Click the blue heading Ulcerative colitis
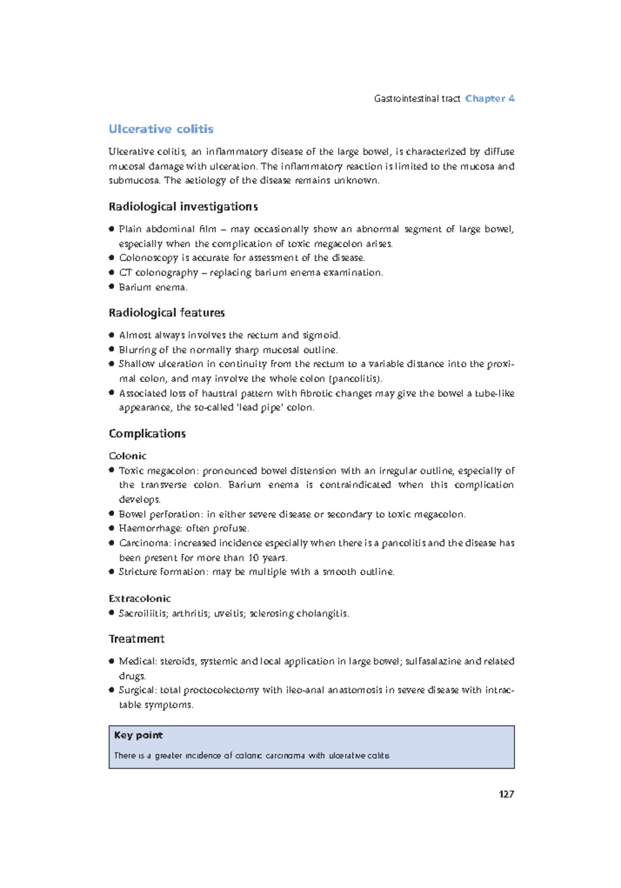click(x=161, y=129)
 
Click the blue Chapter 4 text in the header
click(x=490, y=98)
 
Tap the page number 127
click(x=506, y=794)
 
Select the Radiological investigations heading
click(x=183, y=206)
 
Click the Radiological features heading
click(x=167, y=313)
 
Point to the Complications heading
click(x=147, y=433)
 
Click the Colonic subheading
click(x=127, y=456)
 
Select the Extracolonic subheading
click(x=140, y=598)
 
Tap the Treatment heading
click(x=136, y=639)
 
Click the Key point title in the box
click(x=138, y=735)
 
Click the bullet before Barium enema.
click(x=111, y=286)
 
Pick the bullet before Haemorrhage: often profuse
click(x=111, y=528)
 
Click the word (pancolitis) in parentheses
click(x=356, y=378)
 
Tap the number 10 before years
click(x=253, y=557)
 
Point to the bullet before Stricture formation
click(x=111, y=571)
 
